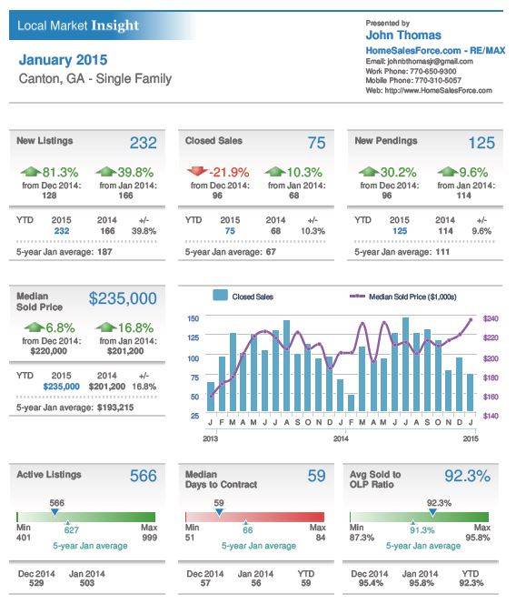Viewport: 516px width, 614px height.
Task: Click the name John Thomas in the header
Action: click(403, 35)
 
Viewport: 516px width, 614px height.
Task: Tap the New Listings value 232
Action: click(143, 143)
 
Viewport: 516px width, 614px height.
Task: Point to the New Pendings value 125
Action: click(481, 143)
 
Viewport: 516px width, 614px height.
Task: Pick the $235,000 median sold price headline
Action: click(123, 299)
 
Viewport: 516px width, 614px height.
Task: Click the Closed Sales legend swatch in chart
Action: click(219, 296)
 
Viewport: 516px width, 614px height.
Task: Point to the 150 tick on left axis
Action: click(193, 319)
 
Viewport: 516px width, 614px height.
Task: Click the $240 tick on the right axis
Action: click(491, 319)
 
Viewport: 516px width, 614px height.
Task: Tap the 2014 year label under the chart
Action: click(341, 439)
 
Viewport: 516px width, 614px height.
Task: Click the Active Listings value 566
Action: click(143, 476)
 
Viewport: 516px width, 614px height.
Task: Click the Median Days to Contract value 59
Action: click(314, 476)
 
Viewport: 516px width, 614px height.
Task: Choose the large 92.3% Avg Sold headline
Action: click(467, 476)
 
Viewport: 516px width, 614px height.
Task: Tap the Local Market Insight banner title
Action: click(78, 26)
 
